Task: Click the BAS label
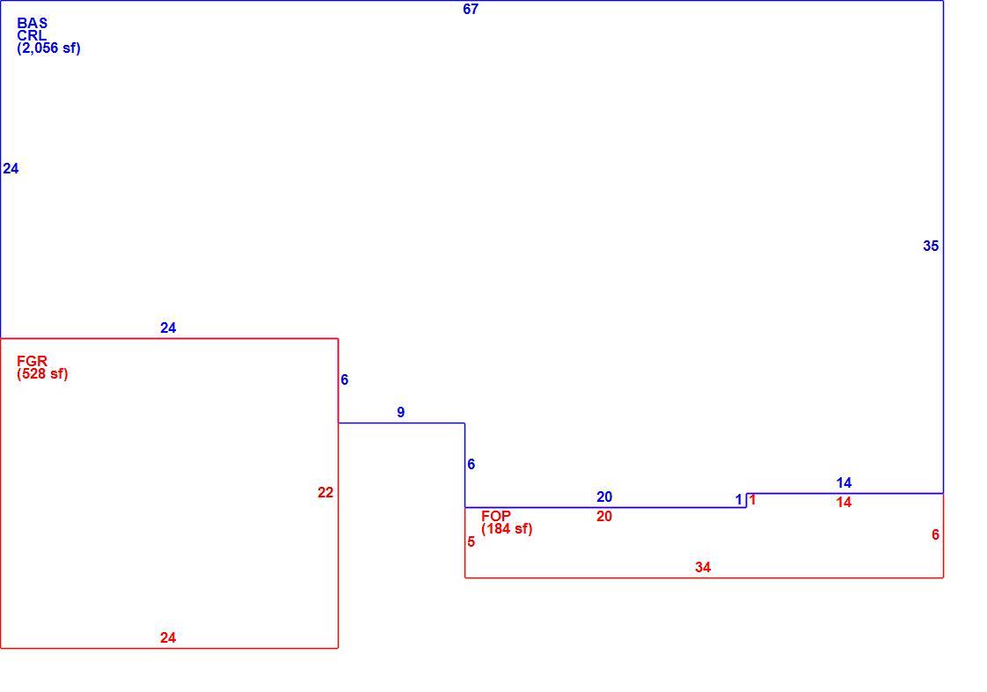click(x=32, y=23)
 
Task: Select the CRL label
click(x=32, y=35)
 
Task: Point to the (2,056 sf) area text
click(x=48, y=48)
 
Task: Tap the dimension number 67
click(x=471, y=10)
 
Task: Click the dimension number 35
click(x=931, y=247)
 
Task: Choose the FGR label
click(x=32, y=361)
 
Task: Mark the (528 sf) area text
click(x=42, y=373)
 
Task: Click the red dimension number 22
click(x=325, y=493)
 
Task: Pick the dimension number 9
click(x=401, y=413)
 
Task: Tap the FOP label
click(x=496, y=516)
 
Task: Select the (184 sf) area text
click(x=507, y=529)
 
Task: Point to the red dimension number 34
click(x=703, y=567)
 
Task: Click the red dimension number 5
click(x=471, y=542)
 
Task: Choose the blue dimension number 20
click(x=604, y=497)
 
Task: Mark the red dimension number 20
click(x=604, y=517)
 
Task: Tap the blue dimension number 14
click(x=844, y=483)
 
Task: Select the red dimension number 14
click(x=844, y=503)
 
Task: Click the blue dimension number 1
click(x=739, y=500)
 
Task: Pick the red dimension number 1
click(x=752, y=500)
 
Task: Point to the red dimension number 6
click(x=935, y=535)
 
